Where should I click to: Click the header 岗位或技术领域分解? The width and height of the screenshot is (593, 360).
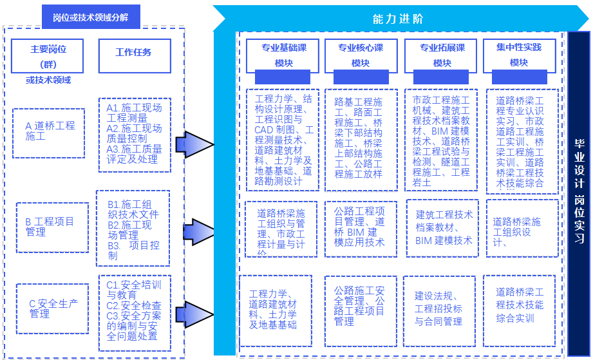90,17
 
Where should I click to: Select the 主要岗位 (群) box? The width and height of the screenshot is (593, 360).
48,56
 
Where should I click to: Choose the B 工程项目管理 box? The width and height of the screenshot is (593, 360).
52,227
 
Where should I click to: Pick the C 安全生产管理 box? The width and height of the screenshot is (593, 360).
52,308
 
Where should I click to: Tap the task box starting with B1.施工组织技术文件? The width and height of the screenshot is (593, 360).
133,228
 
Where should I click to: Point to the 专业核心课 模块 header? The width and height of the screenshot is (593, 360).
361,55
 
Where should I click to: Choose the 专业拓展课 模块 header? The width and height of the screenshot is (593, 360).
442,55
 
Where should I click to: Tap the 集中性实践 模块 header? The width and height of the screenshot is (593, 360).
519,55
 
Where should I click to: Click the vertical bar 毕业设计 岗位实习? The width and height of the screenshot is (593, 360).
579,193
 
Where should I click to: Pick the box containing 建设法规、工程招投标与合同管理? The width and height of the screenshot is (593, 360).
439,310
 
